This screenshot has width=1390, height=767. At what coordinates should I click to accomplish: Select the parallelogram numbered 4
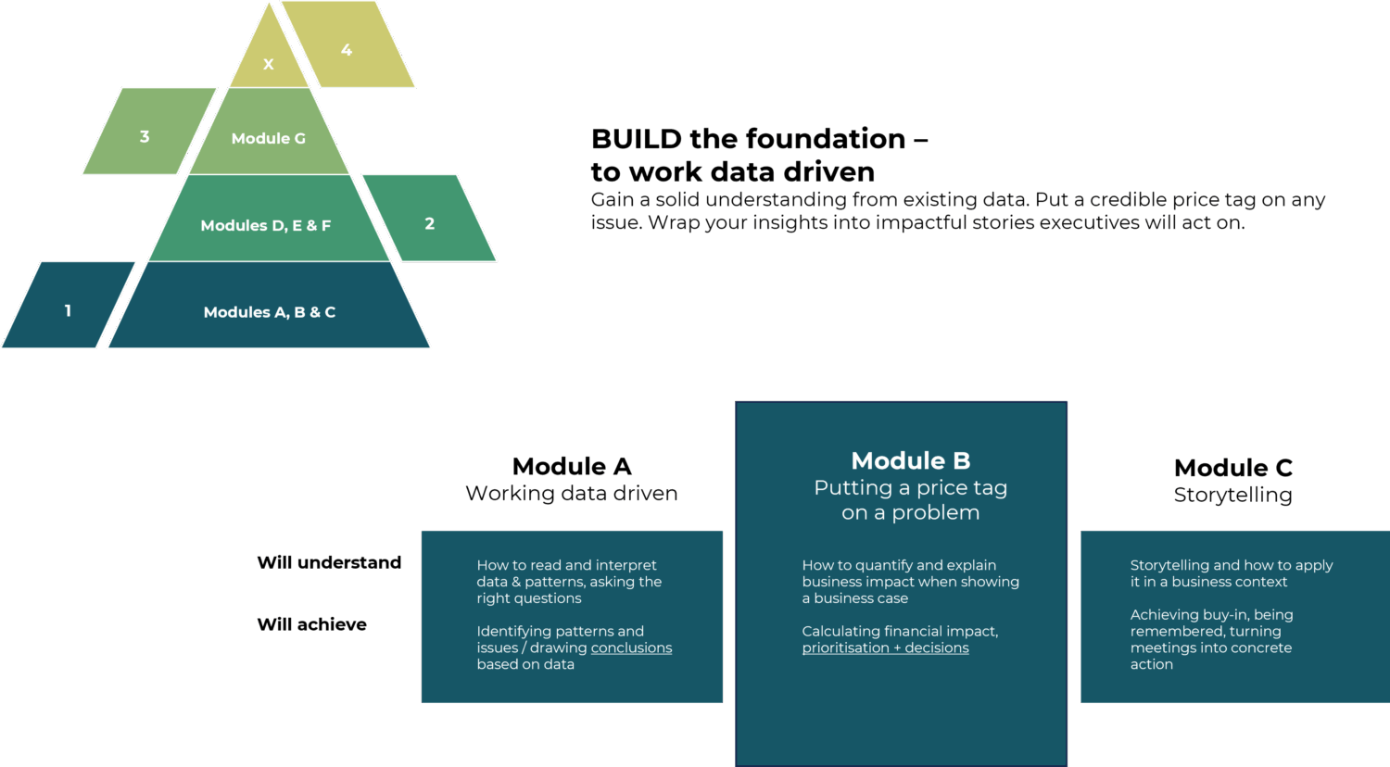[x=347, y=49]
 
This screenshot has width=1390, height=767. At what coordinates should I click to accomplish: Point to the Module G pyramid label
[x=268, y=138]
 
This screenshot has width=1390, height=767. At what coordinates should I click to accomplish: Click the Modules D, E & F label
[x=266, y=225]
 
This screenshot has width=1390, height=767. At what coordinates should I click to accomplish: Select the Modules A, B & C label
[x=270, y=312]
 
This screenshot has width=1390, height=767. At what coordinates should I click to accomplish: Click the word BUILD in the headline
[x=636, y=139]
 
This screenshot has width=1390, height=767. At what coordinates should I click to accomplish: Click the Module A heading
[x=572, y=466]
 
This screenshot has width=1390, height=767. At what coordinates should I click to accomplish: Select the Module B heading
[x=910, y=460]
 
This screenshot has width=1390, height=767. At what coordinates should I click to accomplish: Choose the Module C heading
[x=1232, y=468]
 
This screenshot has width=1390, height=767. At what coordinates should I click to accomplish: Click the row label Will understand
[x=329, y=562]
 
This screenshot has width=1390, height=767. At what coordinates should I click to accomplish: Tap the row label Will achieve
[x=311, y=624]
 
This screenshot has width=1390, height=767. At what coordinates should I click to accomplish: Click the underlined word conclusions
[x=631, y=648]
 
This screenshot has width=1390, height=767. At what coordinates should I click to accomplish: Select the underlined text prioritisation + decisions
[x=885, y=648]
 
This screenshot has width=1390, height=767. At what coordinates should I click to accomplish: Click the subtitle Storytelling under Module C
[x=1232, y=495]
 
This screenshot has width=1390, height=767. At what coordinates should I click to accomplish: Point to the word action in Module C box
[x=1151, y=664]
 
